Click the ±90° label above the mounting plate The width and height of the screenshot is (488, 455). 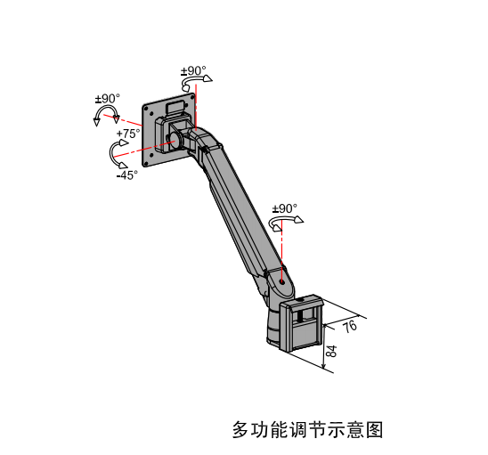[x=193, y=71]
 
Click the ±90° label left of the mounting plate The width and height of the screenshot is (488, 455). [x=108, y=99]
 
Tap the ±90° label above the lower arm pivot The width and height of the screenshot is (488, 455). [x=285, y=208]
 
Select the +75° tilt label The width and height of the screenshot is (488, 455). [x=128, y=134]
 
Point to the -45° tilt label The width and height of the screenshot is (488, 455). [x=127, y=175]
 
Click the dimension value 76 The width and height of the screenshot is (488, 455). [x=350, y=326]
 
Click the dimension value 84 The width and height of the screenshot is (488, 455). [x=331, y=351]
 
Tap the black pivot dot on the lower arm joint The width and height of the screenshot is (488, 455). [x=282, y=282]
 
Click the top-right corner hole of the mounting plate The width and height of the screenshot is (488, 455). [x=191, y=97]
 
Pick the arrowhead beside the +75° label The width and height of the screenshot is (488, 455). [x=124, y=142]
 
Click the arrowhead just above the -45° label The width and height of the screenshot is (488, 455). [x=123, y=165]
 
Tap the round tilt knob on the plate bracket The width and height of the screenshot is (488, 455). [x=175, y=140]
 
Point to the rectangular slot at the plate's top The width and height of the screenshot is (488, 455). [x=175, y=107]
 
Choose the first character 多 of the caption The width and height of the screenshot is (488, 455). [x=241, y=430]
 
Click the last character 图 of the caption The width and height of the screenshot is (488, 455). [x=374, y=430]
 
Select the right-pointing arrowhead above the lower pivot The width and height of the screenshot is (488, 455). [x=299, y=219]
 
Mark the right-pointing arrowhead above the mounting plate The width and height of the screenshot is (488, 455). [x=207, y=78]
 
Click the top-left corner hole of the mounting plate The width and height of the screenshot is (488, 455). [x=146, y=109]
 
